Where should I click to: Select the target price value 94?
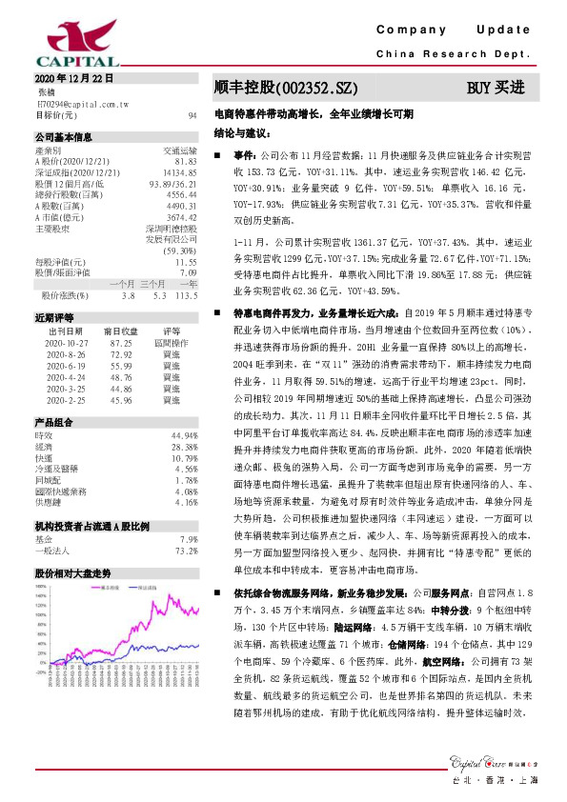coord(192,113)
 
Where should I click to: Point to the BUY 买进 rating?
coord(496,88)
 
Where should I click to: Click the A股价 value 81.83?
coord(185,161)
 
